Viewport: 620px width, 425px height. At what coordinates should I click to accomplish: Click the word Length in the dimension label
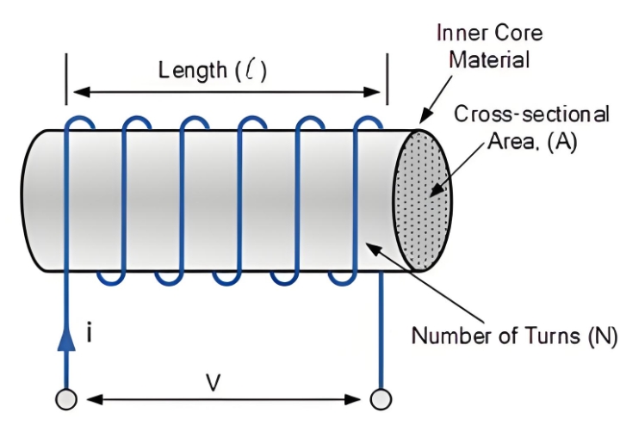click(x=192, y=71)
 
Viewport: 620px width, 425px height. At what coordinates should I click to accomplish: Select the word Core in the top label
click(x=516, y=34)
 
